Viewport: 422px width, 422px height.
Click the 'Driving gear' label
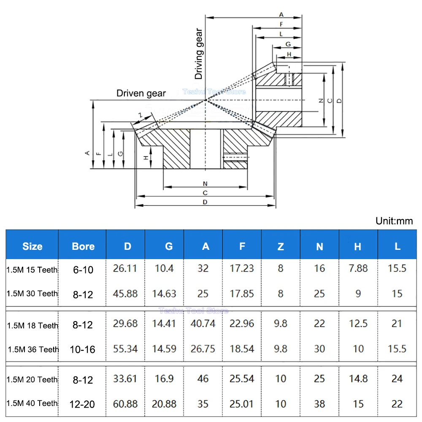pos(199,54)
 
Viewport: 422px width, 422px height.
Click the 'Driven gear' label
pos(141,93)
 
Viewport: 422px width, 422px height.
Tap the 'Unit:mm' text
pos(394,221)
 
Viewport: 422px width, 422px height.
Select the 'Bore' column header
pos(83,246)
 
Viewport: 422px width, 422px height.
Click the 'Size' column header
pos(32,246)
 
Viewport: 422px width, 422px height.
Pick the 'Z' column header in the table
pos(281,246)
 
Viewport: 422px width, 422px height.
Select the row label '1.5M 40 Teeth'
pos(32,403)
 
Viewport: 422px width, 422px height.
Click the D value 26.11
pos(125,268)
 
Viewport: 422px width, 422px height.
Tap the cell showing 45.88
pos(125,293)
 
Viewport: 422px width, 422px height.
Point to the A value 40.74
pos(203,324)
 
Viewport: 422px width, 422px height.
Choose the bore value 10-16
pos(83,349)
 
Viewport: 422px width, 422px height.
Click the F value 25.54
pos(242,379)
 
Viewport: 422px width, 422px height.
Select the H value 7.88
pos(358,268)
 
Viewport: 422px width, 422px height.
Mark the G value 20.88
pos(164,404)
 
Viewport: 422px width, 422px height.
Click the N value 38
pos(319,404)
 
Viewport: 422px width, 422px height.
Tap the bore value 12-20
pos(83,404)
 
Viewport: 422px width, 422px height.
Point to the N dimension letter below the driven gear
pos(205,184)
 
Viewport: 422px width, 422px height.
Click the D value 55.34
pos(125,349)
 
